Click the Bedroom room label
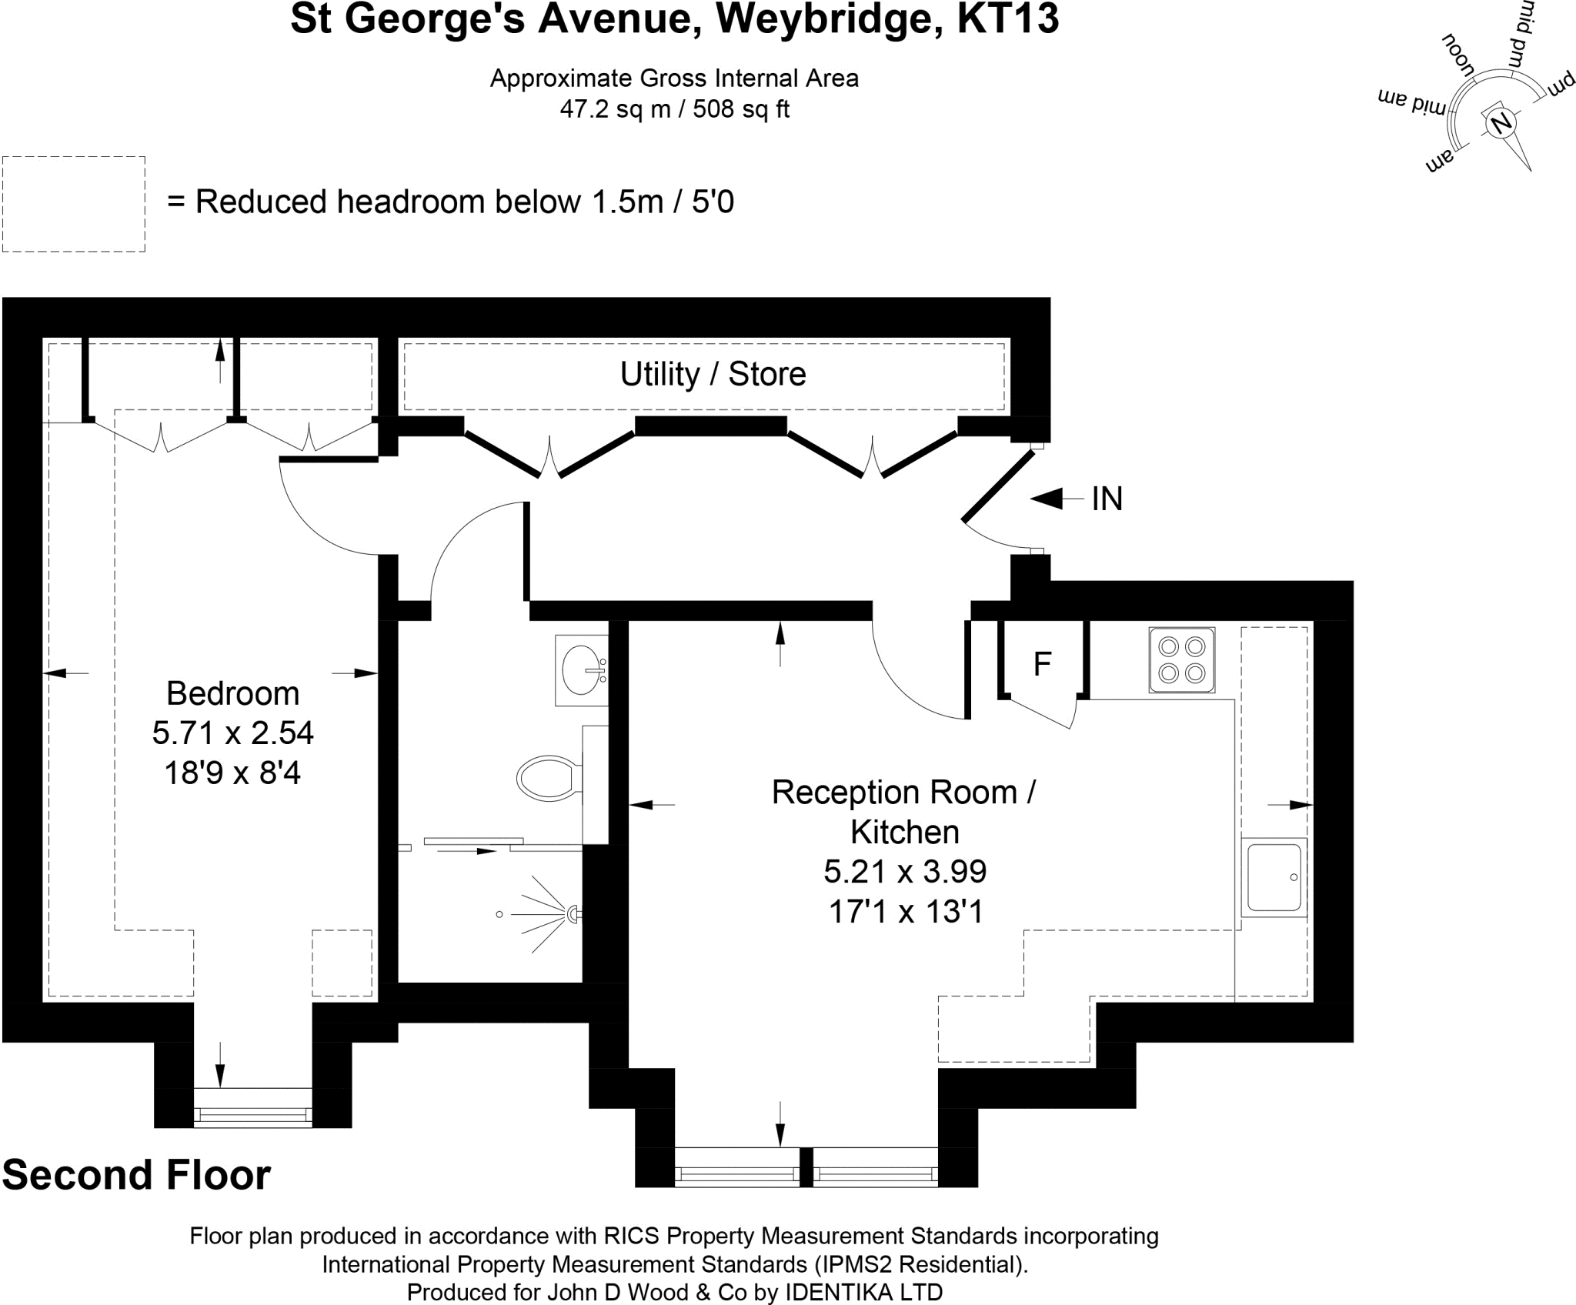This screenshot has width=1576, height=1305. click(232, 693)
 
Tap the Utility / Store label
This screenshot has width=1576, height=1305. click(713, 375)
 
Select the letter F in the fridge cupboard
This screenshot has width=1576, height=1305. click(1042, 664)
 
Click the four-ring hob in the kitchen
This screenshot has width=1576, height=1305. click(1181, 659)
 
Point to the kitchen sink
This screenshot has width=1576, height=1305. click(1274, 877)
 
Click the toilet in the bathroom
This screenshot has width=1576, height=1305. click(547, 777)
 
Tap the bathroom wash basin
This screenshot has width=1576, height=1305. click(582, 670)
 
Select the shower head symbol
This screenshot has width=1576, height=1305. click(573, 914)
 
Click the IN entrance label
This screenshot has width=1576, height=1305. click(1107, 499)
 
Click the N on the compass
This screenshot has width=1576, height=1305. click(1500, 123)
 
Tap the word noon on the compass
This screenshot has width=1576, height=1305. click(1457, 57)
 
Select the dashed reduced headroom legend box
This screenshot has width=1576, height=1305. click(74, 204)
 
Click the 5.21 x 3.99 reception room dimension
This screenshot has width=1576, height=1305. click(905, 872)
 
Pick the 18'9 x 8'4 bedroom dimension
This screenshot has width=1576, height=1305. click(232, 773)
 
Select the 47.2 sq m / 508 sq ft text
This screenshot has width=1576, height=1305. click(674, 109)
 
